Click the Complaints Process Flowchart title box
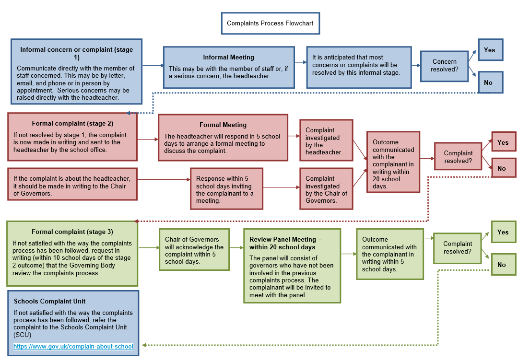coord(270,23)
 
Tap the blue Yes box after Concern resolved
coord(490,50)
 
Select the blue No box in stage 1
coord(490,82)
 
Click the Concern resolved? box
coord(444,66)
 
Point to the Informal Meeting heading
coord(228,58)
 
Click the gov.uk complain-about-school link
coord(73,346)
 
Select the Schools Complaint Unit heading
coord(50,301)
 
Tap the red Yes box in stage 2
coord(503,142)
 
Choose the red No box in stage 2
coord(503,168)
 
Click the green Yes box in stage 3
coord(503,232)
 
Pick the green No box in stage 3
coord(503,265)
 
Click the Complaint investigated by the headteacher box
coord(326,141)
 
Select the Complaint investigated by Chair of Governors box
coord(326,190)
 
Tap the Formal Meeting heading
coord(223,125)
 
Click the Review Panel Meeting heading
coord(285,243)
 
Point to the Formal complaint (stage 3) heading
coord(72,232)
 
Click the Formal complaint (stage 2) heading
coord(72,123)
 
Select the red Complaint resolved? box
coord(458,157)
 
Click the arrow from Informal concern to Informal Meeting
coord(153,65)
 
